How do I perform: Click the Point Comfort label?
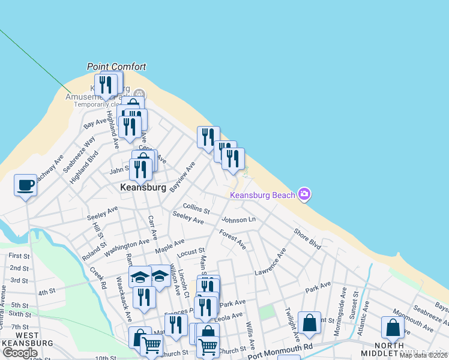116,67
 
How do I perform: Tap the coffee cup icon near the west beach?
25,185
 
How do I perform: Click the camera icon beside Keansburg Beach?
304,193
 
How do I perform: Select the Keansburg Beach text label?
263,195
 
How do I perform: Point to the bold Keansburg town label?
143,187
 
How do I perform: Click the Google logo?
20,353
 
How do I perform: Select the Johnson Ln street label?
238,220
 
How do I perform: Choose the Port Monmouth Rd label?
280,347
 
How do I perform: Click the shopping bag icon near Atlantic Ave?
393,328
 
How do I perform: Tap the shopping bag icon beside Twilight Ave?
309,323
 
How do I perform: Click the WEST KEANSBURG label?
27,339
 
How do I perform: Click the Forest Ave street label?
232,239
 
